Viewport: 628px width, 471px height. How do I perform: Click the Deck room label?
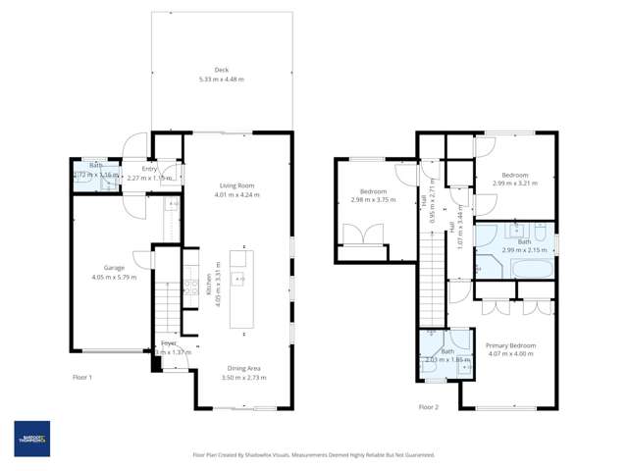tap(221, 70)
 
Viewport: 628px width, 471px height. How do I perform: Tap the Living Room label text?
tap(236, 184)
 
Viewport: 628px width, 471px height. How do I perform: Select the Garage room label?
tap(114, 267)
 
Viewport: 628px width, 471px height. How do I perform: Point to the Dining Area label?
tap(239, 367)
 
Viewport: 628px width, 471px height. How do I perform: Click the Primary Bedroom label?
tap(510, 345)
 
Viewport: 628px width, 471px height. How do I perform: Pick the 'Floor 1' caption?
tap(82, 377)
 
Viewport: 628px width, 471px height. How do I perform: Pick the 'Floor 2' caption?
tap(428, 406)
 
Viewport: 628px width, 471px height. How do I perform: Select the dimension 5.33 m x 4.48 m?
tap(221, 79)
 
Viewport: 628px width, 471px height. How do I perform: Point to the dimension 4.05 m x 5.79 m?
tap(114, 277)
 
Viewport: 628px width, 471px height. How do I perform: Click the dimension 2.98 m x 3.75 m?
tap(373, 200)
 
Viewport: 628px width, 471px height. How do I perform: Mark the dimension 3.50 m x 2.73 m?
tap(239, 377)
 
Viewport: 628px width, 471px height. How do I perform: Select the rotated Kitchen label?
tap(209, 285)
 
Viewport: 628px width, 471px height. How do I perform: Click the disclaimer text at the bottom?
tap(313, 455)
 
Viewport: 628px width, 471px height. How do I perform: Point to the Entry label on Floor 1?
tap(149, 169)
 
